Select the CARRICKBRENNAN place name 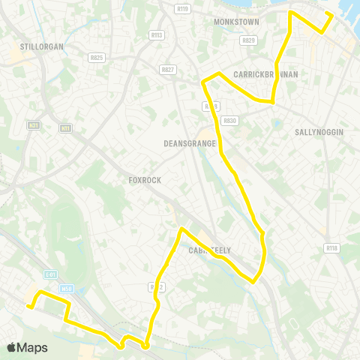[x=265, y=74]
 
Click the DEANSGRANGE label [x=190, y=143]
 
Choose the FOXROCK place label [x=145, y=180]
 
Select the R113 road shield [x=156, y=34]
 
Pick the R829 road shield [x=249, y=40]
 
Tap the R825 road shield [x=96, y=57]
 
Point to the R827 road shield [x=167, y=69]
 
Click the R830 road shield [x=229, y=120]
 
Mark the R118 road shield [x=331, y=247]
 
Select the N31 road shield [x=33, y=125]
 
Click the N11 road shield [x=66, y=129]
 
